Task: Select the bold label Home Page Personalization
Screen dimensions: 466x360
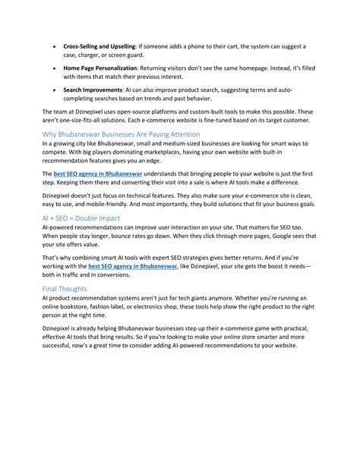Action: coord(103,68)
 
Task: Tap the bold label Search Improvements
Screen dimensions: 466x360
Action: coord(93,89)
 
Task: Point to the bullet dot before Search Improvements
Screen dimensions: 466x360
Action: coord(55,90)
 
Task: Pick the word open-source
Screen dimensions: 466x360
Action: coord(142,111)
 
